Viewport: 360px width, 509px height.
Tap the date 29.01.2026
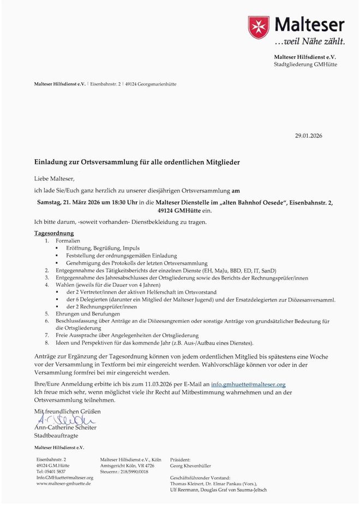coord(308,136)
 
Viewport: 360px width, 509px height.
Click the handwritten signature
coord(64,419)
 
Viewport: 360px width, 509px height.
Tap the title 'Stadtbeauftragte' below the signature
coord(56,436)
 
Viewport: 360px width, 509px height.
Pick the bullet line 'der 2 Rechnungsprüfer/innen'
coord(101,307)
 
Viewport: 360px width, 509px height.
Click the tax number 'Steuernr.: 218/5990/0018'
coord(123,471)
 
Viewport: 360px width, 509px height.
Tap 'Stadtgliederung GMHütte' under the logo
coord(305,65)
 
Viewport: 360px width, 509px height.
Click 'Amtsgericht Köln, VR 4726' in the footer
coord(124,466)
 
